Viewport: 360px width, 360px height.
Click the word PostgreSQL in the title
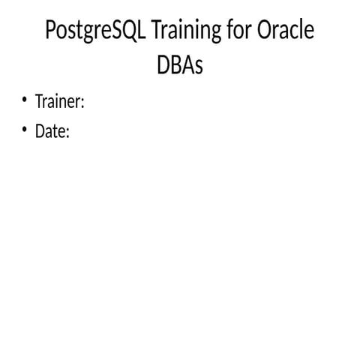[x=95, y=30]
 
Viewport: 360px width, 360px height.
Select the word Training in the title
[x=187, y=30]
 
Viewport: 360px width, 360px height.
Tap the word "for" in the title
[x=239, y=29]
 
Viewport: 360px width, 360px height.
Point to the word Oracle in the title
[x=286, y=29]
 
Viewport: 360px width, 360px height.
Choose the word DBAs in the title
[x=180, y=64]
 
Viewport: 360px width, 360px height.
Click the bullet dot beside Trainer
[x=24, y=100]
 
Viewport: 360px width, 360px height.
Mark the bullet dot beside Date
[x=24, y=130]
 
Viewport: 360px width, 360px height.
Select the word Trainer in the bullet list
[x=58, y=101]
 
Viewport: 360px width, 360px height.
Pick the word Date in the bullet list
[x=50, y=130]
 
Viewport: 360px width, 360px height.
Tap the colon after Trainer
[x=82, y=103]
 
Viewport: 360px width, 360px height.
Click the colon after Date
[x=67, y=133]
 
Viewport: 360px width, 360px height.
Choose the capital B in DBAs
[x=176, y=64]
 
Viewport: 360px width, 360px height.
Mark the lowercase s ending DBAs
[x=199, y=67]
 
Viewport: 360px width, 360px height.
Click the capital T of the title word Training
[x=157, y=29]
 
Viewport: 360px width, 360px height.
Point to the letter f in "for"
[x=230, y=28]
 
